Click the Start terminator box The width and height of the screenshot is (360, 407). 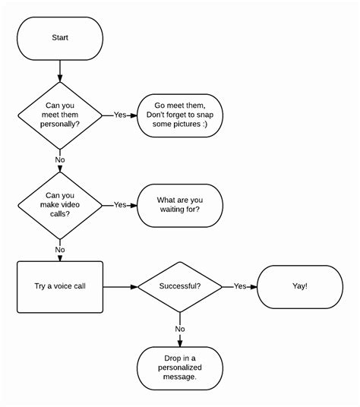[60, 37]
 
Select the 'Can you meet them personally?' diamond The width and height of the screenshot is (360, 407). [60, 115]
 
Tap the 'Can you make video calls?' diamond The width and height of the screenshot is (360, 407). [60, 204]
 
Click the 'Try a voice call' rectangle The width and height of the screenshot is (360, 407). [60, 287]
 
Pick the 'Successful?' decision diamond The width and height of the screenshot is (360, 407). [180, 287]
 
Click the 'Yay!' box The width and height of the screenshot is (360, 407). [300, 287]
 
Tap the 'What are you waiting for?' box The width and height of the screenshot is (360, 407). [180, 204]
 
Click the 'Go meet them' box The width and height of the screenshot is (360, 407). [180, 115]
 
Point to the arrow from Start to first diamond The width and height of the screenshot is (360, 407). [60, 72]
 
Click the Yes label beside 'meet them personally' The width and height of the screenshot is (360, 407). [120, 115]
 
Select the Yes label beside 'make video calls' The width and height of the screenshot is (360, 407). [120, 204]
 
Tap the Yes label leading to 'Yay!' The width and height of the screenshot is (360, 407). [240, 287]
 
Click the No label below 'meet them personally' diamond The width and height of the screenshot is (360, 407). [60, 159]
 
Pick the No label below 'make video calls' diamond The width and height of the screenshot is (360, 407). [60, 249]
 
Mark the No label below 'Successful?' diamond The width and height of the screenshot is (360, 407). [180, 329]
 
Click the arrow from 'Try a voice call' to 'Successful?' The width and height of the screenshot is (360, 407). [120, 287]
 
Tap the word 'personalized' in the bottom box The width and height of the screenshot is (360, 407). [180, 367]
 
